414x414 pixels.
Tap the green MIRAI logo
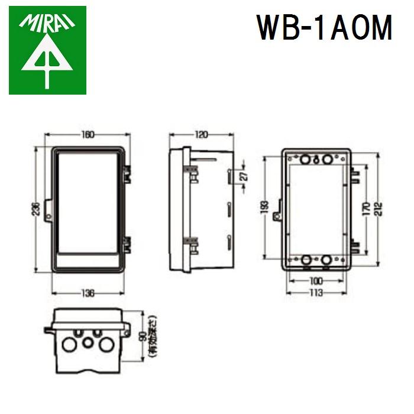(x=47, y=50)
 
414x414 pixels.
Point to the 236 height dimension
(x=36, y=209)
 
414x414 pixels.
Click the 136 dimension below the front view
(x=88, y=293)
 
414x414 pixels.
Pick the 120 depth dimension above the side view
(x=201, y=135)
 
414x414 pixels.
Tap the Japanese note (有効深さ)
(x=153, y=334)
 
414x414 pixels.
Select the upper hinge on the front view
(x=127, y=173)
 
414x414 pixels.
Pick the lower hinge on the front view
(x=127, y=242)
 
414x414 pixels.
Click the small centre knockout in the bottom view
(x=88, y=342)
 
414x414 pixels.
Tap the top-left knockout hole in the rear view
(x=306, y=160)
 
